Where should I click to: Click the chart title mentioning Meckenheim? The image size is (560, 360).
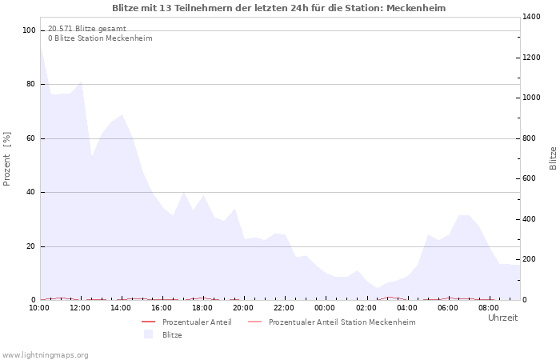tap(279, 8)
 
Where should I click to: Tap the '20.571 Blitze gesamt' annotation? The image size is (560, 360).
tap(87, 29)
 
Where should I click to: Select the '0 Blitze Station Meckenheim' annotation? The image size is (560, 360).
tap(100, 38)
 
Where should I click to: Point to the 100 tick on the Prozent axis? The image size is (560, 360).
tap(29, 30)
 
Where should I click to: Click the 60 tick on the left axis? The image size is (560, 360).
tap(30, 138)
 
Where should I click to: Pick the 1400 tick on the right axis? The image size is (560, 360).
tap(533, 17)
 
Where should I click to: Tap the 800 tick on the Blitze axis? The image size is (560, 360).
tap(530, 138)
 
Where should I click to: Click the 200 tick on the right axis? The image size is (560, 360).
tap(530, 260)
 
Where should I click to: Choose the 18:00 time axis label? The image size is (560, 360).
tap(202, 308)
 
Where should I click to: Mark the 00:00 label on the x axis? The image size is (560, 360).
tap(325, 308)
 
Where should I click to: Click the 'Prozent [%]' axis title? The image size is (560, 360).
tap(7, 158)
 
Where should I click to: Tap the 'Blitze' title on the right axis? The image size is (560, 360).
tap(553, 158)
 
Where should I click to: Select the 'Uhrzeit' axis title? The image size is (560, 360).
tap(502, 318)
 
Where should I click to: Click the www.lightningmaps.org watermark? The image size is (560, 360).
tap(45, 355)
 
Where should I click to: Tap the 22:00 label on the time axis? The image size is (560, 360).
tap(284, 308)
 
